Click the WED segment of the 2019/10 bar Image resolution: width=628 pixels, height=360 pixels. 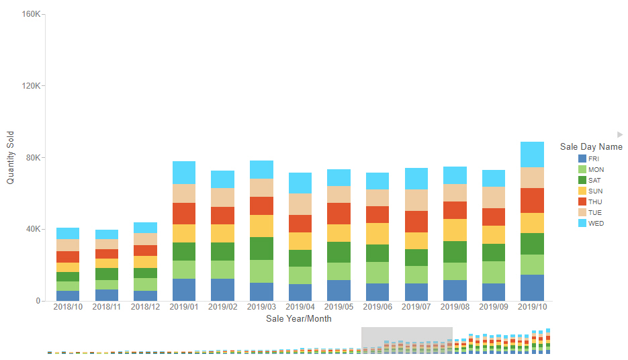click(x=532, y=154)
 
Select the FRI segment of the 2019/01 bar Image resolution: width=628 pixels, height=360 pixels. click(x=184, y=289)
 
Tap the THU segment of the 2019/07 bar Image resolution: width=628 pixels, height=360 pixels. click(x=416, y=222)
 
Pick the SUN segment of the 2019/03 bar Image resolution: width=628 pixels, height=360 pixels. click(x=261, y=226)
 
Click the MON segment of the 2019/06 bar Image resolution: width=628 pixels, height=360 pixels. click(x=377, y=273)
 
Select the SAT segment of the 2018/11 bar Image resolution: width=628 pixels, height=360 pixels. click(x=106, y=274)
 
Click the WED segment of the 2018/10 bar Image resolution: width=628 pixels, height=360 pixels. click(x=68, y=233)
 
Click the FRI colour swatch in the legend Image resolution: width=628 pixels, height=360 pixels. click(x=582, y=159)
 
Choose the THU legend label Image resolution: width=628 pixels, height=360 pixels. click(x=596, y=201)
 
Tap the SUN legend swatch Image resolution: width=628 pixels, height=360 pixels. click(x=582, y=191)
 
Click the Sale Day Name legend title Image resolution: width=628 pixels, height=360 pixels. click(x=591, y=146)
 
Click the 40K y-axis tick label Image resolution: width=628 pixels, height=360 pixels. click(x=34, y=229)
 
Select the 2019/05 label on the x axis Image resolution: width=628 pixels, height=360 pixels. click(x=339, y=307)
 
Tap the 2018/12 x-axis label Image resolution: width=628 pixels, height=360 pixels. click(x=145, y=307)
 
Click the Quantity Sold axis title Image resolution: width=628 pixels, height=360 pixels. click(x=10, y=157)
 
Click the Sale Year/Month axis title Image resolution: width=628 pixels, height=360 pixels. click(x=298, y=318)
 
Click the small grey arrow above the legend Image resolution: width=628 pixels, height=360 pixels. click(x=620, y=134)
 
